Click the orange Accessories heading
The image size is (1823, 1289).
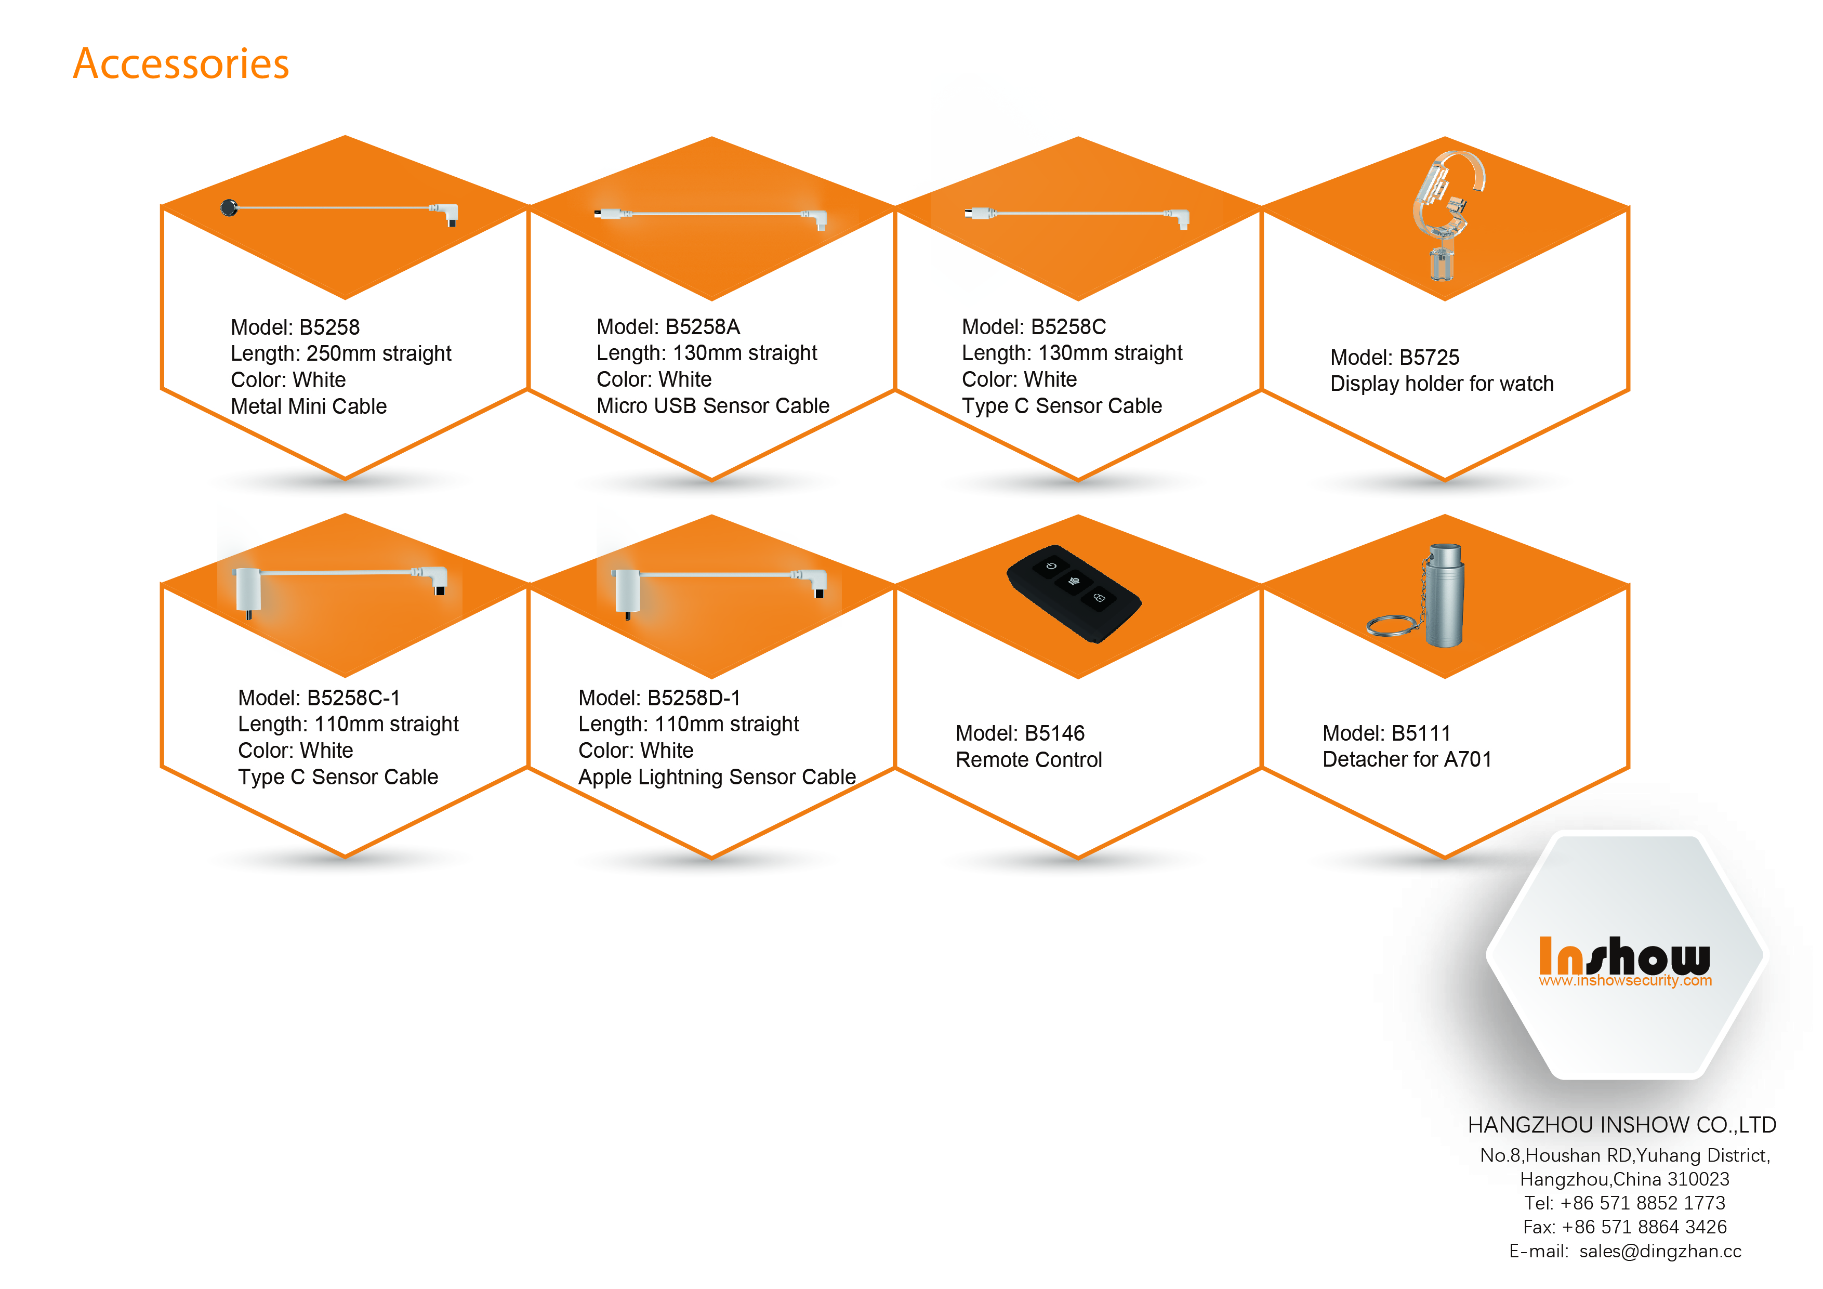pos(181,63)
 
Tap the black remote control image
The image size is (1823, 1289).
pos(1074,593)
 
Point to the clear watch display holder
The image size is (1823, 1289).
pos(1447,215)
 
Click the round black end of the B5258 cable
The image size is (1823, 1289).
pos(229,208)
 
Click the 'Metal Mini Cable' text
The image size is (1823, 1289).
pos(308,406)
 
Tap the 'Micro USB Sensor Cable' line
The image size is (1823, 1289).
pos(712,406)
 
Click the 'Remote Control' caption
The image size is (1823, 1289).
pos(1028,760)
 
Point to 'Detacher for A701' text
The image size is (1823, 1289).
pos(1406,759)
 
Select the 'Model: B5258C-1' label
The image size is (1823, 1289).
pos(319,698)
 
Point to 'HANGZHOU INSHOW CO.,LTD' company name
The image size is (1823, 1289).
pos(1621,1125)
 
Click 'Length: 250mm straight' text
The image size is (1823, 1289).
pos(340,353)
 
